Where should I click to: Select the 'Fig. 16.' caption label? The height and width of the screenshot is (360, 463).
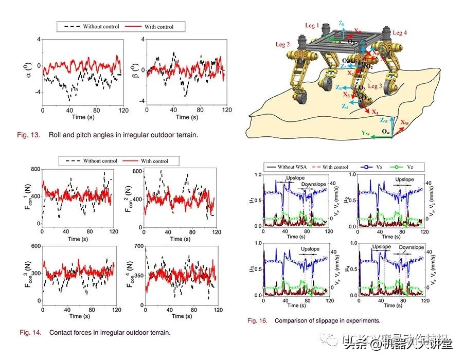click(257, 321)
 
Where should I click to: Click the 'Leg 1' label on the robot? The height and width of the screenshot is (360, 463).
click(312, 25)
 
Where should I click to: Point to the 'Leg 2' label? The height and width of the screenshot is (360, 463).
click(284, 45)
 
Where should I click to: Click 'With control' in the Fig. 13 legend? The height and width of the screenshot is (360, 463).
click(157, 26)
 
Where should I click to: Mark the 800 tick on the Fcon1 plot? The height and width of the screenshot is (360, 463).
click(36, 170)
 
